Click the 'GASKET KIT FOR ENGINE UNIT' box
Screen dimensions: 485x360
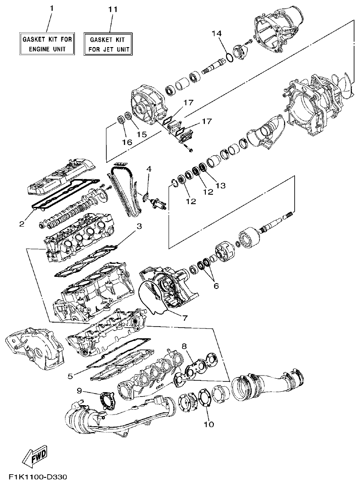coord(47,44)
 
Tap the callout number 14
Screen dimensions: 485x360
coord(217,34)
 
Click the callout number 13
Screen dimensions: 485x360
coord(220,185)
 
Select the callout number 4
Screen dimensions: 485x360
coord(149,169)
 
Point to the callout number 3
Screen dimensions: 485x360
coord(139,226)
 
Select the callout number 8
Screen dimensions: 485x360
coord(184,345)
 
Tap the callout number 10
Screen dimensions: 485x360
coord(209,424)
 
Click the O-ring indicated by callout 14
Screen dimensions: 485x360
coord(228,58)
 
